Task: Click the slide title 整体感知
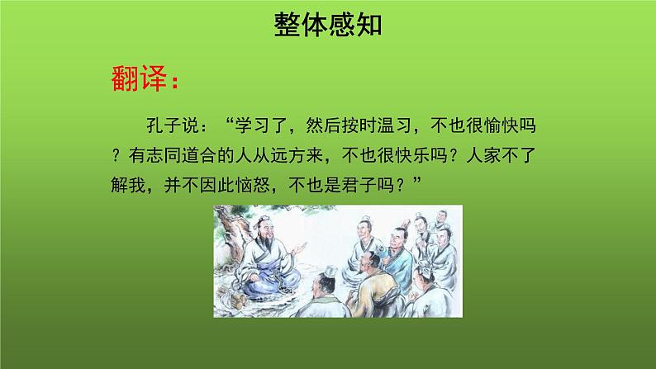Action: point(327,26)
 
